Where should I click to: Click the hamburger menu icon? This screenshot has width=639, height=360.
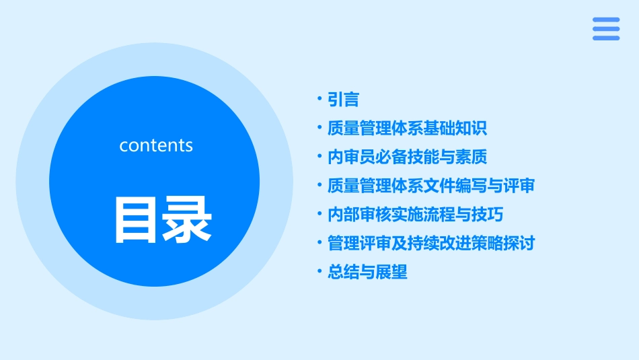click(605, 29)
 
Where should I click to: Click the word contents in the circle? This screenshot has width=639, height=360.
click(156, 145)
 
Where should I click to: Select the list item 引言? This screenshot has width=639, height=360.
click(343, 100)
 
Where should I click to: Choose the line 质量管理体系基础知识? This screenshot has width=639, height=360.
click(407, 129)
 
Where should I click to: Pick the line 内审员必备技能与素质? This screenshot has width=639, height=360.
click(407, 157)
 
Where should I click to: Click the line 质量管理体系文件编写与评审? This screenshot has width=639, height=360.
click(430, 186)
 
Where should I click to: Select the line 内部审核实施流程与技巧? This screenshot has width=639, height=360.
click(415, 215)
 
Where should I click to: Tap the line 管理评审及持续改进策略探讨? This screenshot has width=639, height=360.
click(430, 243)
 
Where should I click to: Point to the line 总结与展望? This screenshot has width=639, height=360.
click(367, 272)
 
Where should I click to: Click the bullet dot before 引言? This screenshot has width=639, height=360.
click(320, 100)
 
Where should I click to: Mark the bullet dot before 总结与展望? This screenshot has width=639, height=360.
click(320, 272)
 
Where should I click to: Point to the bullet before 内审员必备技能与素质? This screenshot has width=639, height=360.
click(320, 157)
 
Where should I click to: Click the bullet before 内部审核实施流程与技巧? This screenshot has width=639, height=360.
click(320, 215)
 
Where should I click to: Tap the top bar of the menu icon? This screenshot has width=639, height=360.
click(605, 20)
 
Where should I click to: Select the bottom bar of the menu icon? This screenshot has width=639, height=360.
click(605, 38)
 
